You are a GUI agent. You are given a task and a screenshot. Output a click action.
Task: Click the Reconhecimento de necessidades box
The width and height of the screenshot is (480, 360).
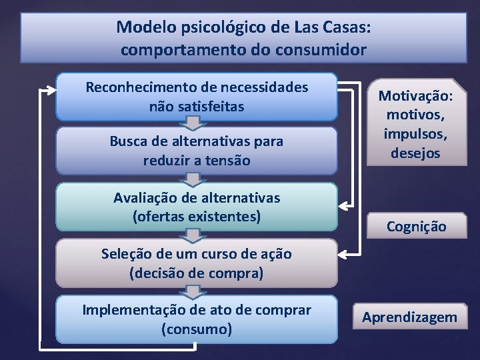(197, 97)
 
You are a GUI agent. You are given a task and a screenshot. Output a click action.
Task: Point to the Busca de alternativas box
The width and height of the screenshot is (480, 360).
(197, 151)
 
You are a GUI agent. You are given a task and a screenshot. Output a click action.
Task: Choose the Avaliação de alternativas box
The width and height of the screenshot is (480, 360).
(197, 207)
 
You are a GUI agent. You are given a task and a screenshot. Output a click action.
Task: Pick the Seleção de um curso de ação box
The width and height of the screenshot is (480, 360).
(197, 263)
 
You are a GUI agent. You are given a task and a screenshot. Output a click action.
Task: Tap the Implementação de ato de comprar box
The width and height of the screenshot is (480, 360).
(197, 319)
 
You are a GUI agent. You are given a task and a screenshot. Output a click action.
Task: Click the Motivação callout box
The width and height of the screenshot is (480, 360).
(415, 124)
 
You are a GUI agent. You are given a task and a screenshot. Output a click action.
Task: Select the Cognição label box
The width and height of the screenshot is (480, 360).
(417, 226)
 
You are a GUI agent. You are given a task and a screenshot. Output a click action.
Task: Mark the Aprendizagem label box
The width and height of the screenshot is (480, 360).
(409, 317)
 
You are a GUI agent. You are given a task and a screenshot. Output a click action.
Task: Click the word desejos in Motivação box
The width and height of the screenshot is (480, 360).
(415, 153)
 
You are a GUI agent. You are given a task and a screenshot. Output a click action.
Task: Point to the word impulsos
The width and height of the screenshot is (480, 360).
(415, 133)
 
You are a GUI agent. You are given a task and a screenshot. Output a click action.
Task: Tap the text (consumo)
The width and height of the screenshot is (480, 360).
(197, 329)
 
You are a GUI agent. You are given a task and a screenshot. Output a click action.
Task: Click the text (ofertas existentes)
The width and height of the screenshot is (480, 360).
(197, 216)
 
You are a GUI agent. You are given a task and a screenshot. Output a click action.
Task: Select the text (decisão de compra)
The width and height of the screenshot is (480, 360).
(197, 273)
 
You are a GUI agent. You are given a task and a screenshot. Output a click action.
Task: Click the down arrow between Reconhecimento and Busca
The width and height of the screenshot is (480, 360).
(192, 123)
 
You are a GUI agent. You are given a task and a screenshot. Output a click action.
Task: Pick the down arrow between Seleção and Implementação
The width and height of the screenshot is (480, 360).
(192, 291)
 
